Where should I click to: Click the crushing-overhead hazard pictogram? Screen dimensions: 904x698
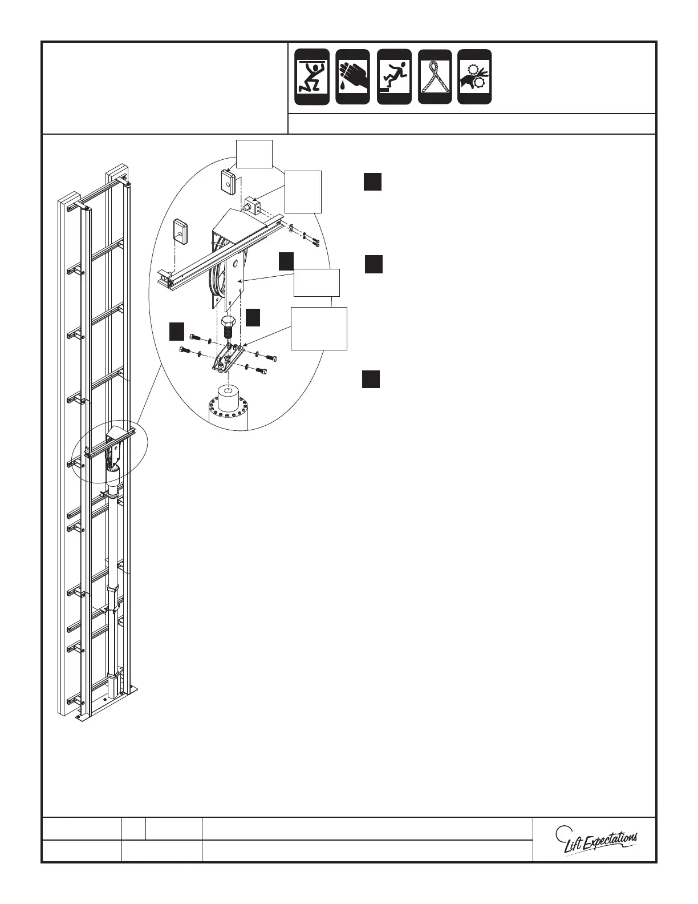(x=312, y=76)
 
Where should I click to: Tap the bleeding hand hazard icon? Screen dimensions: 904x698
(x=352, y=76)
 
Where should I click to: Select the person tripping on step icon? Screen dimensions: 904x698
(x=394, y=76)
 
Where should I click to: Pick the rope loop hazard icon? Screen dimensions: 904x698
(x=435, y=76)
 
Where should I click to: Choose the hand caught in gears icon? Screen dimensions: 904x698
(x=474, y=76)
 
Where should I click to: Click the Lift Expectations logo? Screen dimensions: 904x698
(x=596, y=841)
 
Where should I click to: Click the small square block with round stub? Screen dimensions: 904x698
(x=253, y=206)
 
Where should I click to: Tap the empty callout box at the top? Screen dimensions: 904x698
(x=254, y=154)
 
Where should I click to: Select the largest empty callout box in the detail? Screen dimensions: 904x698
(x=319, y=328)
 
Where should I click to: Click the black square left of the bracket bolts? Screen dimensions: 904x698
(x=177, y=332)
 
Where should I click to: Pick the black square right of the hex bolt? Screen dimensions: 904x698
(x=253, y=317)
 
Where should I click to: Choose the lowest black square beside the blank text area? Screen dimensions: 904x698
(x=371, y=379)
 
